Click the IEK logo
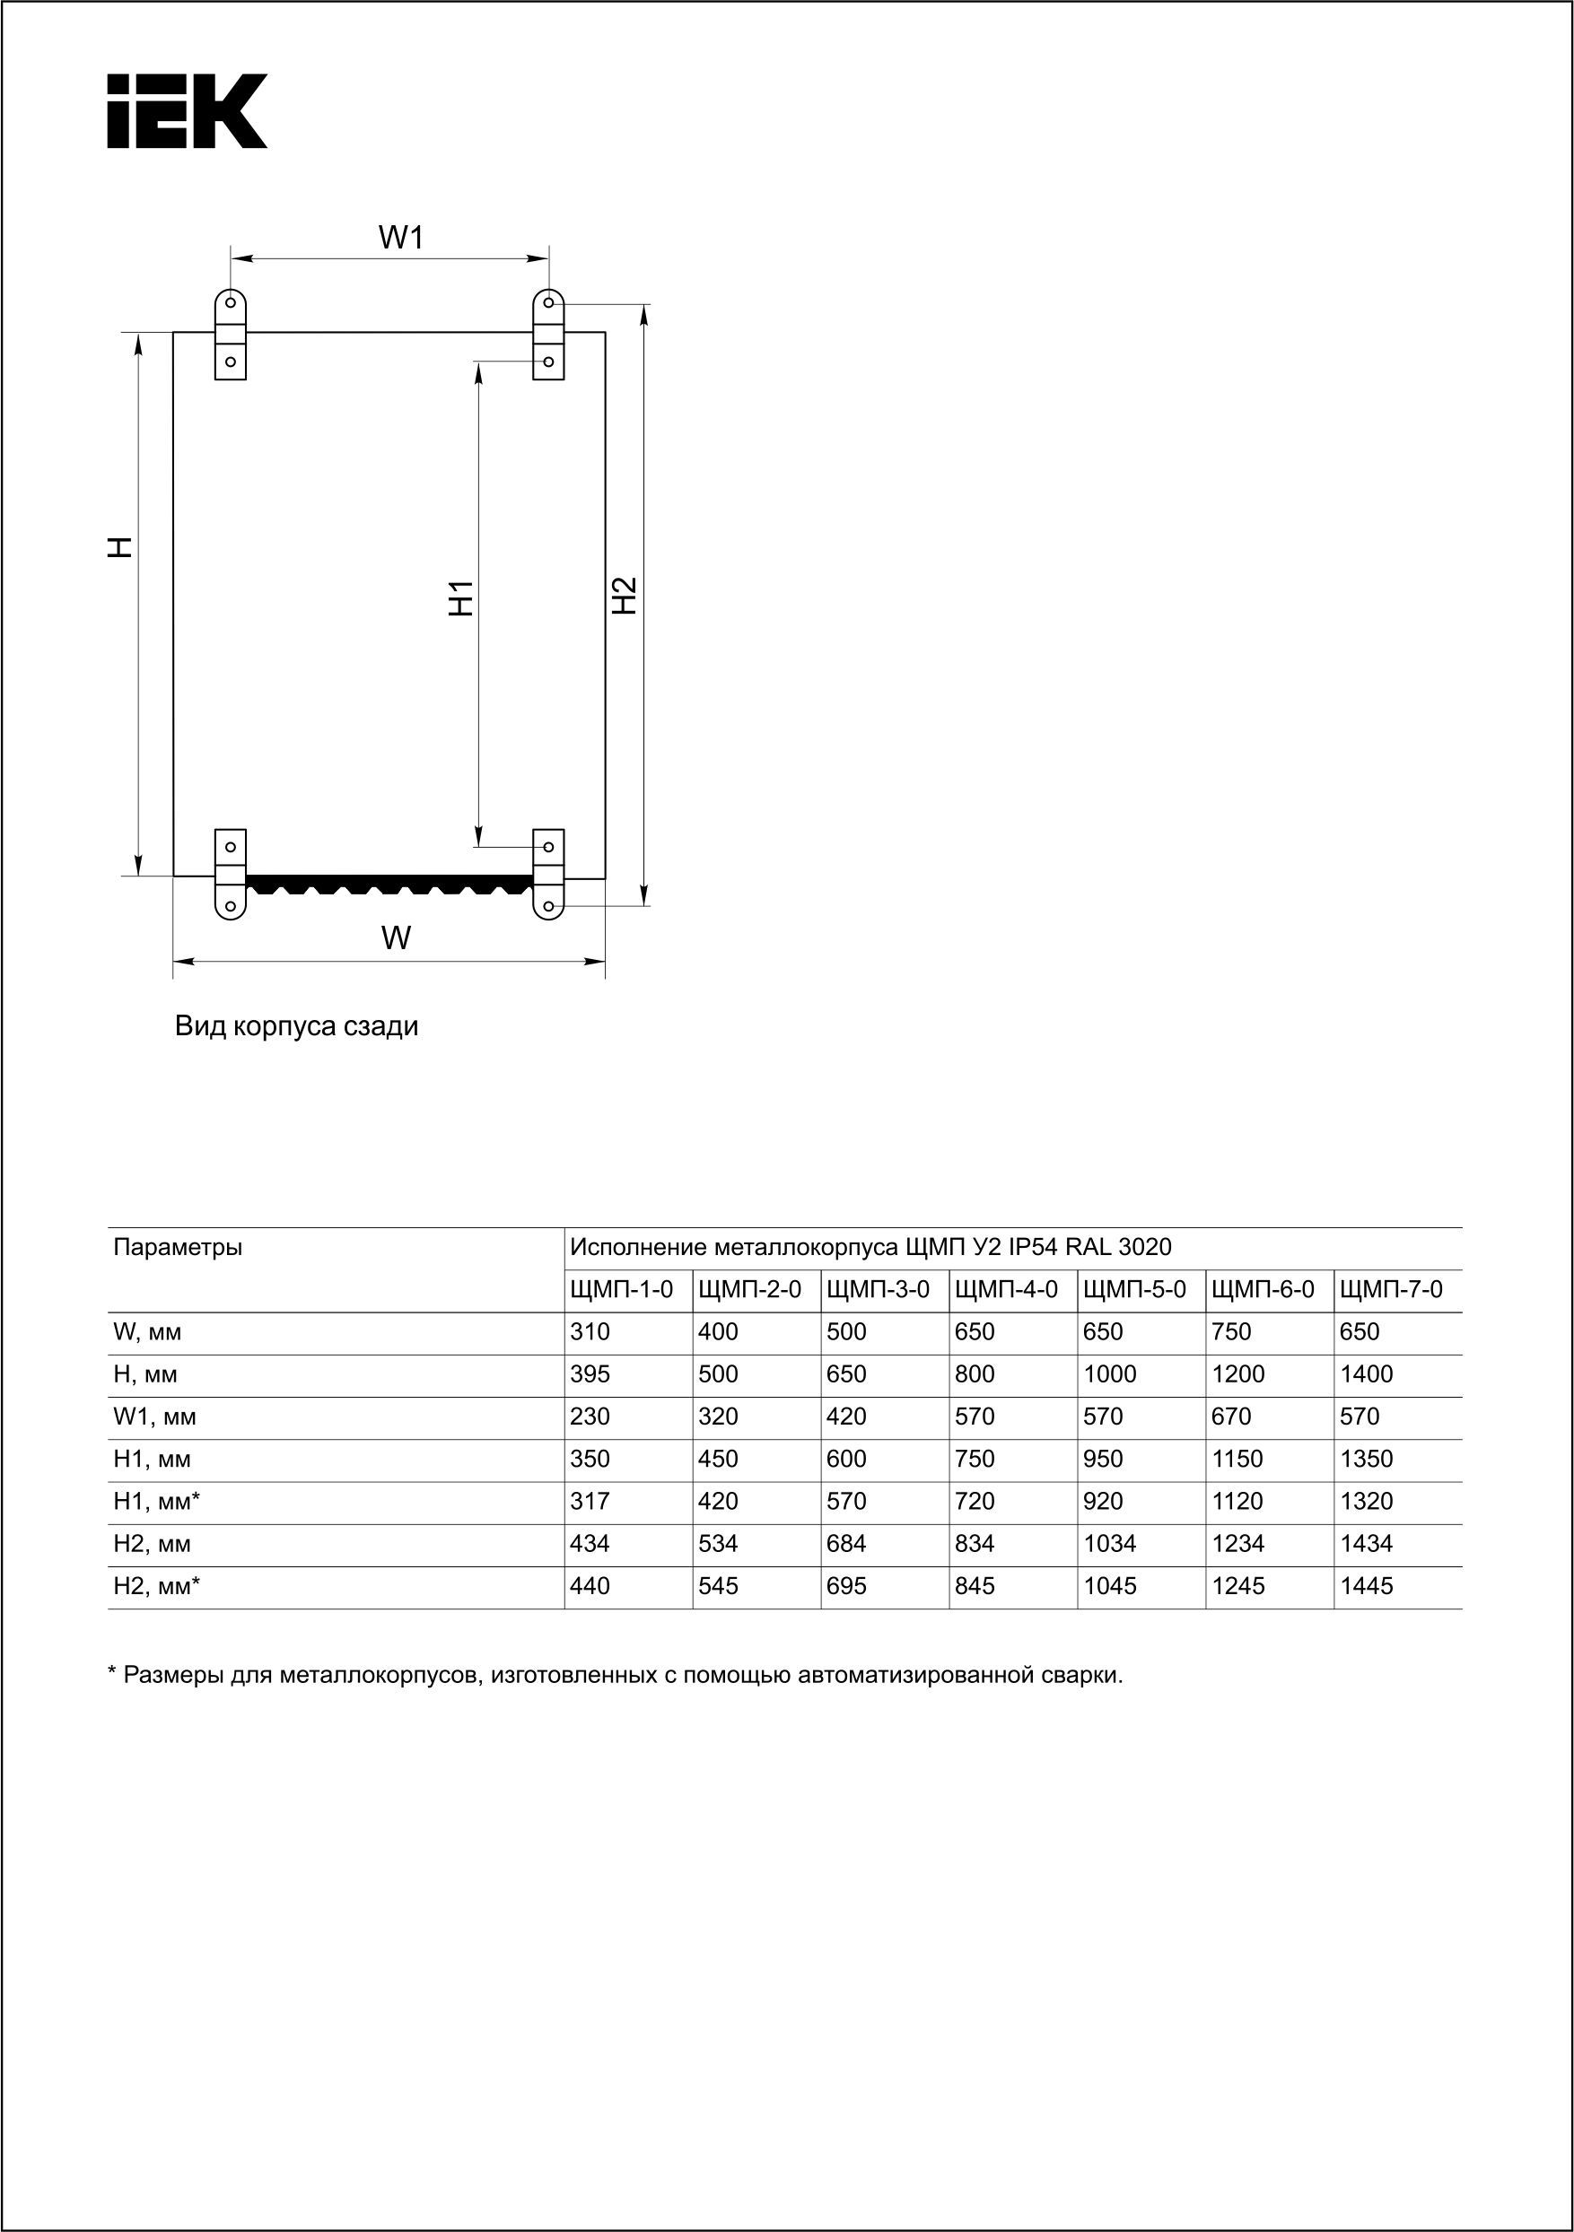click(187, 111)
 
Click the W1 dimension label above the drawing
click(400, 237)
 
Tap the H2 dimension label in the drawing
click(625, 595)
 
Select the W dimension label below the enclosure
click(396, 938)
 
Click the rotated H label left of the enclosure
click(118, 547)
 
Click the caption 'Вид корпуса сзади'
click(296, 1026)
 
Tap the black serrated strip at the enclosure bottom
click(389, 884)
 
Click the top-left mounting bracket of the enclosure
click(231, 334)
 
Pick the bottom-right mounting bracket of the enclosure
click(548, 873)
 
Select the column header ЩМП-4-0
click(1006, 1290)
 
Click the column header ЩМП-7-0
click(1391, 1290)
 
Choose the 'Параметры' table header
click(178, 1247)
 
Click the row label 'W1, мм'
click(154, 1417)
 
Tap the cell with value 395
click(590, 1374)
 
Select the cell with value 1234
click(1238, 1544)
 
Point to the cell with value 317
click(590, 1502)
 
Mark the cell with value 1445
click(1366, 1586)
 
